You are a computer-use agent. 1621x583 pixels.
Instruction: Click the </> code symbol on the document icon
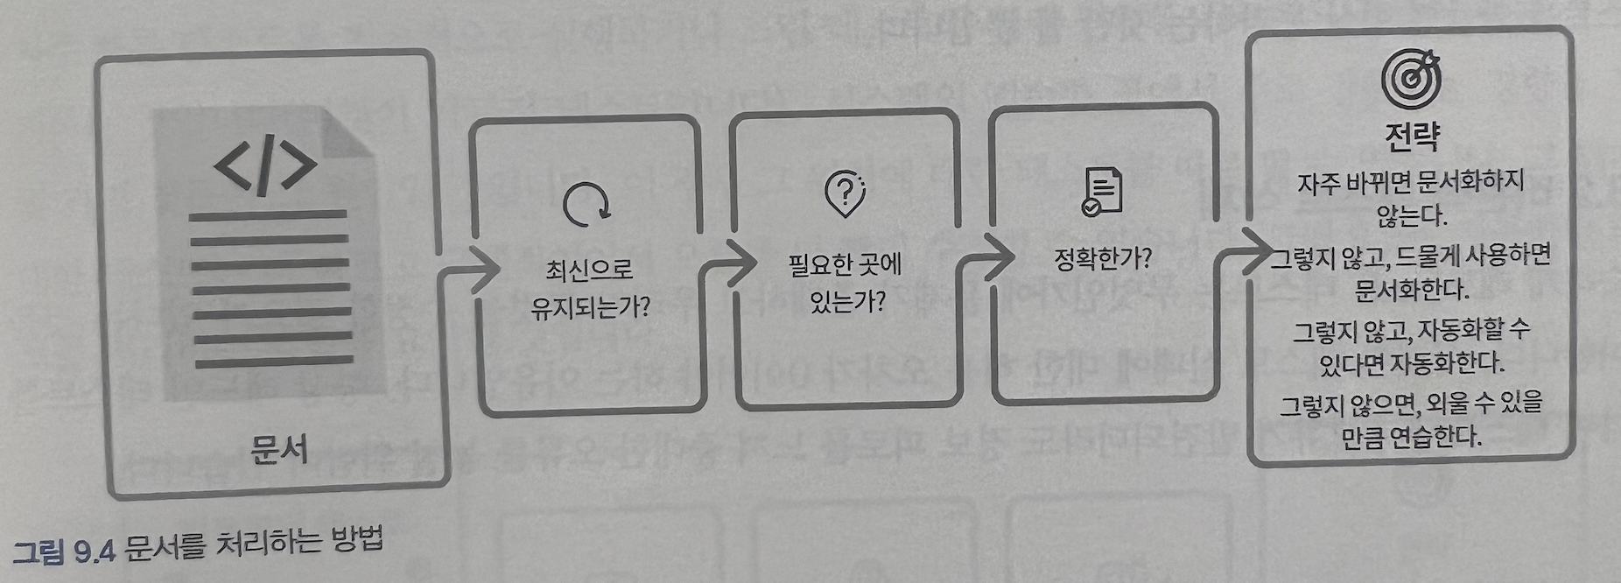coord(265,164)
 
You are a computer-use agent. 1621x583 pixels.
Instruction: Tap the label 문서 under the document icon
coord(278,449)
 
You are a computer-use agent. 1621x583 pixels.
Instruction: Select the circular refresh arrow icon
coord(586,204)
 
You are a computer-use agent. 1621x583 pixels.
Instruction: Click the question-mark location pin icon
coord(845,193)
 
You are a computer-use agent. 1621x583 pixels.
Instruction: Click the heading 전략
coord(1412,135)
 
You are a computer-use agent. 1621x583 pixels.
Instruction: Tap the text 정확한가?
coord(1102,258)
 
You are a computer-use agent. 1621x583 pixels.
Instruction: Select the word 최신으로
coord(588,269)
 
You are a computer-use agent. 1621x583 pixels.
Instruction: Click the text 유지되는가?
coord(590,307)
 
